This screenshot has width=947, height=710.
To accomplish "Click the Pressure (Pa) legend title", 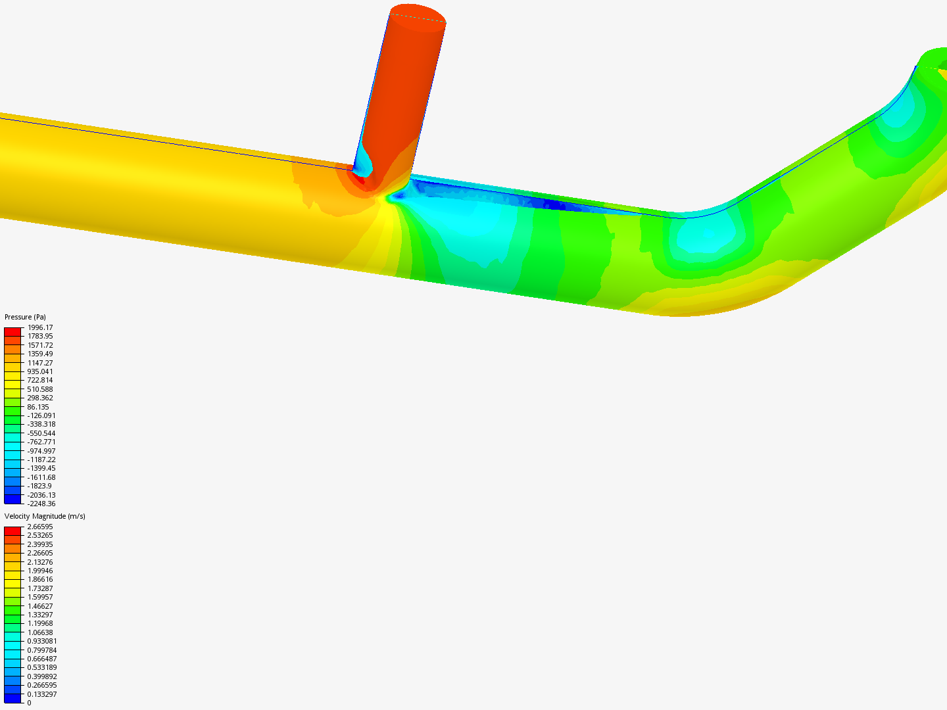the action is (x=25, y=317).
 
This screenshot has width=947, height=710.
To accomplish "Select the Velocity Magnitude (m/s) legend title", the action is (x=45, y=516).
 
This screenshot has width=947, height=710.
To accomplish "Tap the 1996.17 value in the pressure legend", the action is (x=40, y=327).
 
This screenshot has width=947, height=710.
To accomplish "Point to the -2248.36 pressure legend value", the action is (x=41, y=504).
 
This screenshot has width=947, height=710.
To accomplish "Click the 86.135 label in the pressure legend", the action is (x=38, y=407).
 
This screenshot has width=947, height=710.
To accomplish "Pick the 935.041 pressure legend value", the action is (x=40, y=371).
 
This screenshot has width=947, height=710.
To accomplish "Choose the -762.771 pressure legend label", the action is (x=41, y=442).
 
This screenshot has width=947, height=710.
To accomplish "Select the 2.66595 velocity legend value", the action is (x=40, y=527).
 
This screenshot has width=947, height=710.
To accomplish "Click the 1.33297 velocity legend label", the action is (x=40, y=615).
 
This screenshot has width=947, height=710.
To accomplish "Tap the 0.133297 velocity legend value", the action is (x=42, y=694).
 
